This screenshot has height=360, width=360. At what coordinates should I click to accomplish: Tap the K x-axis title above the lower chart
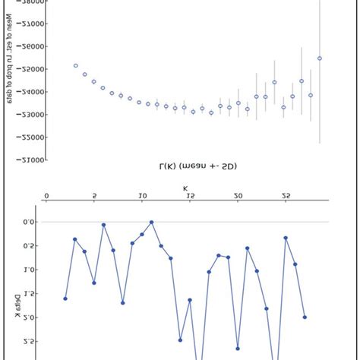point(185,186)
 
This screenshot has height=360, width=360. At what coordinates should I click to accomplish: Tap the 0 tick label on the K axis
point(46,196)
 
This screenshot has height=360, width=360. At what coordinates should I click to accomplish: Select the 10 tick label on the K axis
point(142,196)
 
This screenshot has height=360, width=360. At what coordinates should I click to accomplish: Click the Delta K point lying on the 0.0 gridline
point(152,222)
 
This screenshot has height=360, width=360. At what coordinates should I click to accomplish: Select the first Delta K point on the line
point(65,298)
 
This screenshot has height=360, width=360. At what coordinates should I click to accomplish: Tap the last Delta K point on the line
point(305,317)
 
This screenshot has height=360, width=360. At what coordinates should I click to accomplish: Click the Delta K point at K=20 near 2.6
point(238,349)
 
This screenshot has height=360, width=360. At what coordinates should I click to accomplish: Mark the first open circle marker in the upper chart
point(75,65)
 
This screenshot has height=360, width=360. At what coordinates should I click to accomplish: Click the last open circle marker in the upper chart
point(320,58)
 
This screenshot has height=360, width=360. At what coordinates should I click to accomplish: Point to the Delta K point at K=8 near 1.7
point(122,302)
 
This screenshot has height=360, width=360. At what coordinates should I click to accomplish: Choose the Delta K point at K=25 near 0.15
point(286,238)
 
